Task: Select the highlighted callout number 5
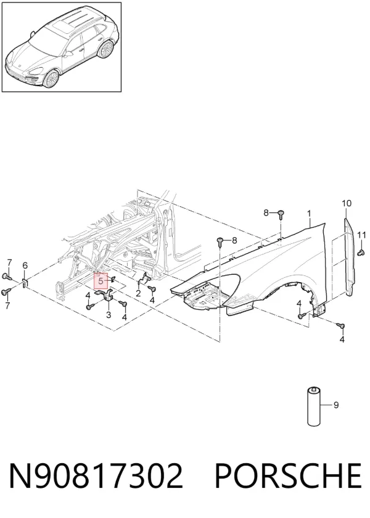pyautogui.click(x=101, y=281)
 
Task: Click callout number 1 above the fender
pyautogui.click(x=309, y=214)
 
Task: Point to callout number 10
pyautogui.click(x=347, y=203)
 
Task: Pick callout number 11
pyautogui.click(x=362, y=235)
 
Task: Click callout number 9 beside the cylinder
pyautogui.click(x=336, y=405)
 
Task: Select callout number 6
pyautogui.click(x=25, y=265)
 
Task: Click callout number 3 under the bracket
pyautogui.click(x=109, y=315)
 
